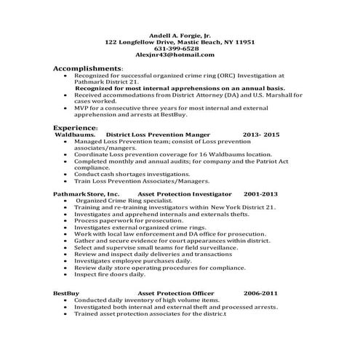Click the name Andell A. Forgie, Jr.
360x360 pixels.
coord(180,36)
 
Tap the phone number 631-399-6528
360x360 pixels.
coord(180,49)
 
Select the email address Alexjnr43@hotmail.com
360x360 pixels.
coord(180,55)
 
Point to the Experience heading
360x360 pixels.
coord(75,128)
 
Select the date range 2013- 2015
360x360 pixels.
coord(261,135)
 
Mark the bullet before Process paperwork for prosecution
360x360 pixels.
coord(67,220)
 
